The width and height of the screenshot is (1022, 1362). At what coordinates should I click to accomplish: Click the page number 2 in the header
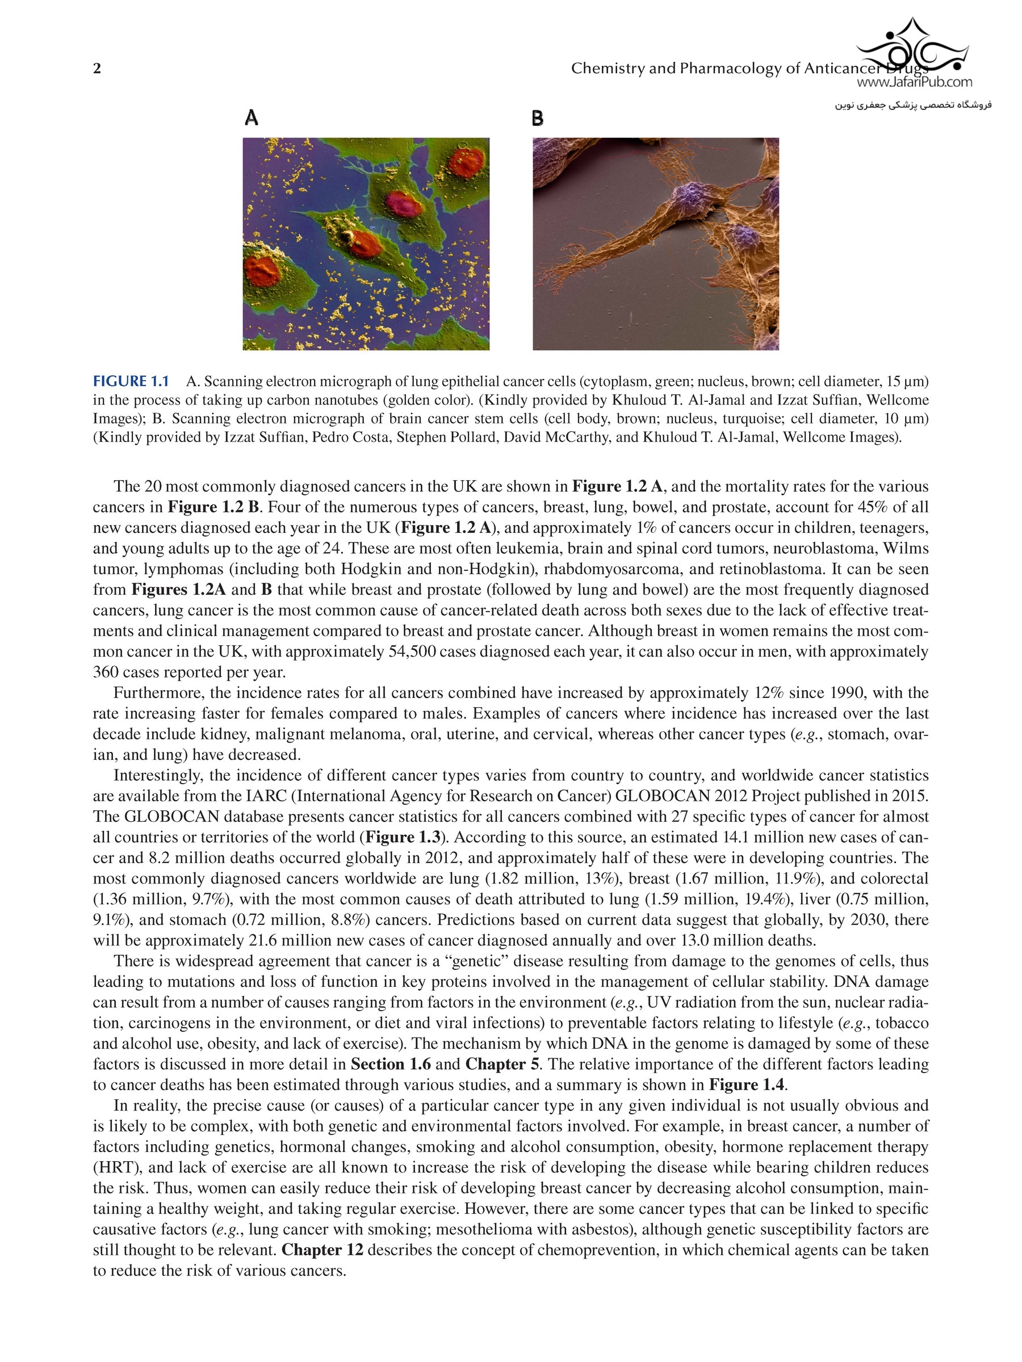97,68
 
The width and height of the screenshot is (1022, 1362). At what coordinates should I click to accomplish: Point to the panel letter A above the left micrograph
251,117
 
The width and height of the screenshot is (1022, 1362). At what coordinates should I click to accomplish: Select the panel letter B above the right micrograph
538,117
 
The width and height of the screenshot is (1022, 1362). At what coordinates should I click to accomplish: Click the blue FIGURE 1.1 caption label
131,381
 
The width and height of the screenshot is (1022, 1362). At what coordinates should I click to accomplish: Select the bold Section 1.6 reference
391,1064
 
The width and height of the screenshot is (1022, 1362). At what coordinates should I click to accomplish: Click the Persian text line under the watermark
913,106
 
